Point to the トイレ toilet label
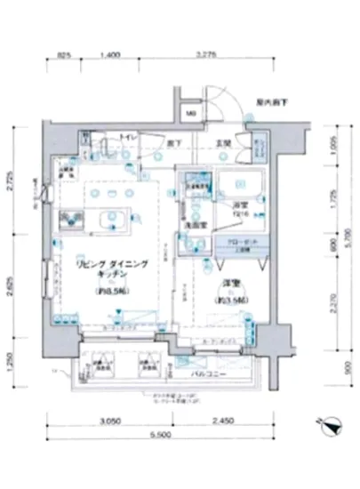(x=128, y=138)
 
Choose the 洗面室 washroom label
(x=196, y=226)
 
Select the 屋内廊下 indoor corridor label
(x=270, y=102)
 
